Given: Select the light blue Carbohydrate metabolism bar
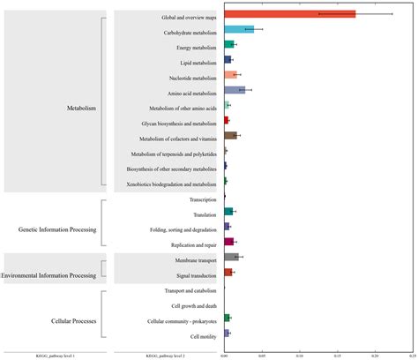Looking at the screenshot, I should point(239,29).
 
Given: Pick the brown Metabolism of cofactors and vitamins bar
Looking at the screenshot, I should point(230,135).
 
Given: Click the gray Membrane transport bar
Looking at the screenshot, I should point(231,257).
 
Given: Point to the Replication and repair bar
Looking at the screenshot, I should point(229,241).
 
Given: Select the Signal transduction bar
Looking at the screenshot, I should point(228,272).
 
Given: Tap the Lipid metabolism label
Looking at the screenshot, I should point(198,63).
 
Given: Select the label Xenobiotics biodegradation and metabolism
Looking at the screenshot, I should point(177,184).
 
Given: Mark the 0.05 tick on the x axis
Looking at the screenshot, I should point(262,355).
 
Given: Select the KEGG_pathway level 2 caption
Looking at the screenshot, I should point(164,355).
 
